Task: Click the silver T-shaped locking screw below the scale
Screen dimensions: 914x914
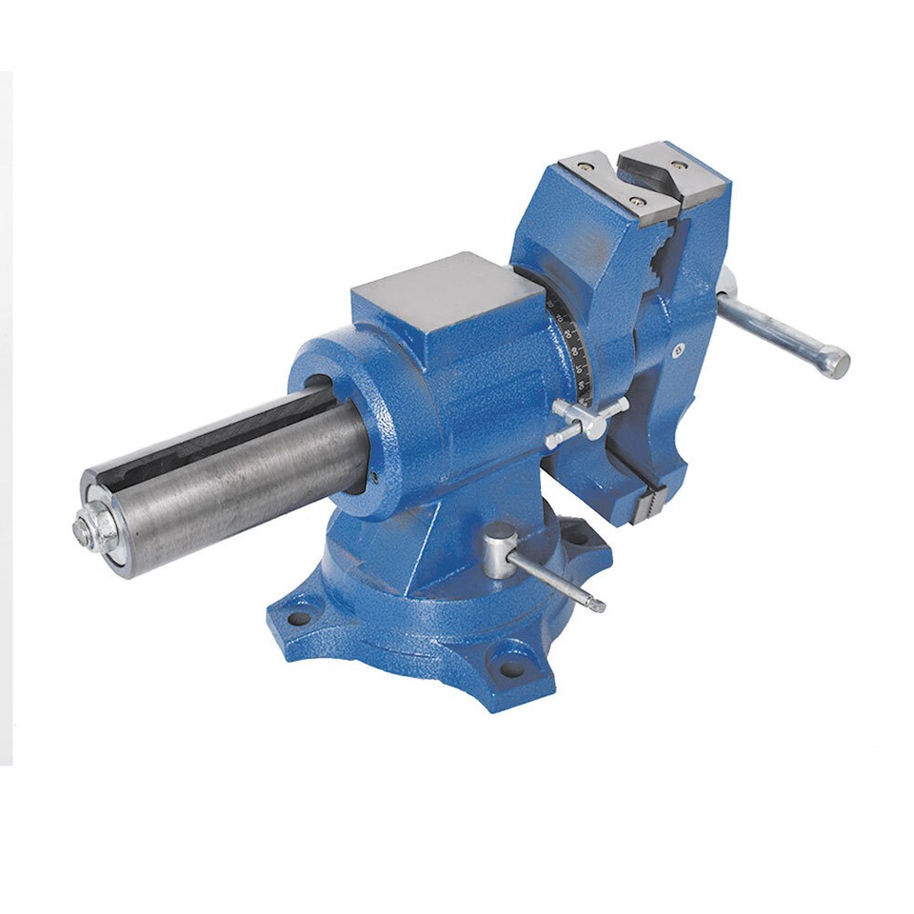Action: (587, 420)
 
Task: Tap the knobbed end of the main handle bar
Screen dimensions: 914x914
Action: (835, 362)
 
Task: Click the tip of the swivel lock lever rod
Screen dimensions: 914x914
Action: (596, 604)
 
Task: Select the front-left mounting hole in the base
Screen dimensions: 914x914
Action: (299, 618)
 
